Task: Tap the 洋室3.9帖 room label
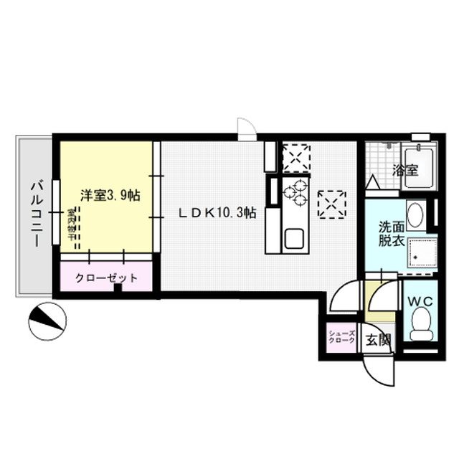pyautogui.click(x=109, y=195)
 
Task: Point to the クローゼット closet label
pyautogui.click(x=108, y=278)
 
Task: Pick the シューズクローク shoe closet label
pyautogui.click(x=340, y=339)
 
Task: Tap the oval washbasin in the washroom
pyautogui.click(x=415, y=214)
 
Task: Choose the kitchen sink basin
pyautogui.click(x=293, y=237)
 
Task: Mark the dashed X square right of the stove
pyautogui.click(x=331, y=204)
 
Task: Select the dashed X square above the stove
pyautogui.click(x=295, y=158)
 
